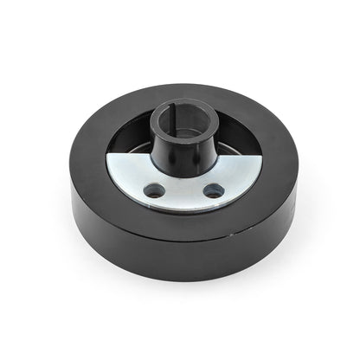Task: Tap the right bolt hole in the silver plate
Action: click(x=213, y=190)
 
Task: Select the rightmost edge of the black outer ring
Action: click(x=297, y=173)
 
